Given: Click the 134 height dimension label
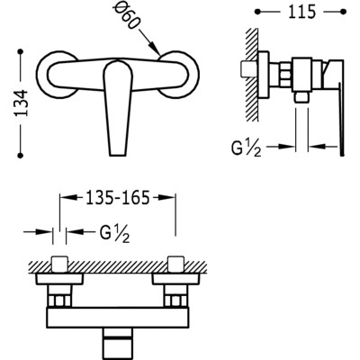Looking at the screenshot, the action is click(21, 103).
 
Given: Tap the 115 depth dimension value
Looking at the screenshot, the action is click(302, 12).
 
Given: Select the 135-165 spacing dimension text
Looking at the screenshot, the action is click(117, 198).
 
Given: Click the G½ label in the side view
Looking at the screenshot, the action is click(246, 148).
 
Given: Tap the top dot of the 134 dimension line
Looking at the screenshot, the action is click(21, 52).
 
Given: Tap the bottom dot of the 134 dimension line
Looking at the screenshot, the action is click(21, 155).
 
